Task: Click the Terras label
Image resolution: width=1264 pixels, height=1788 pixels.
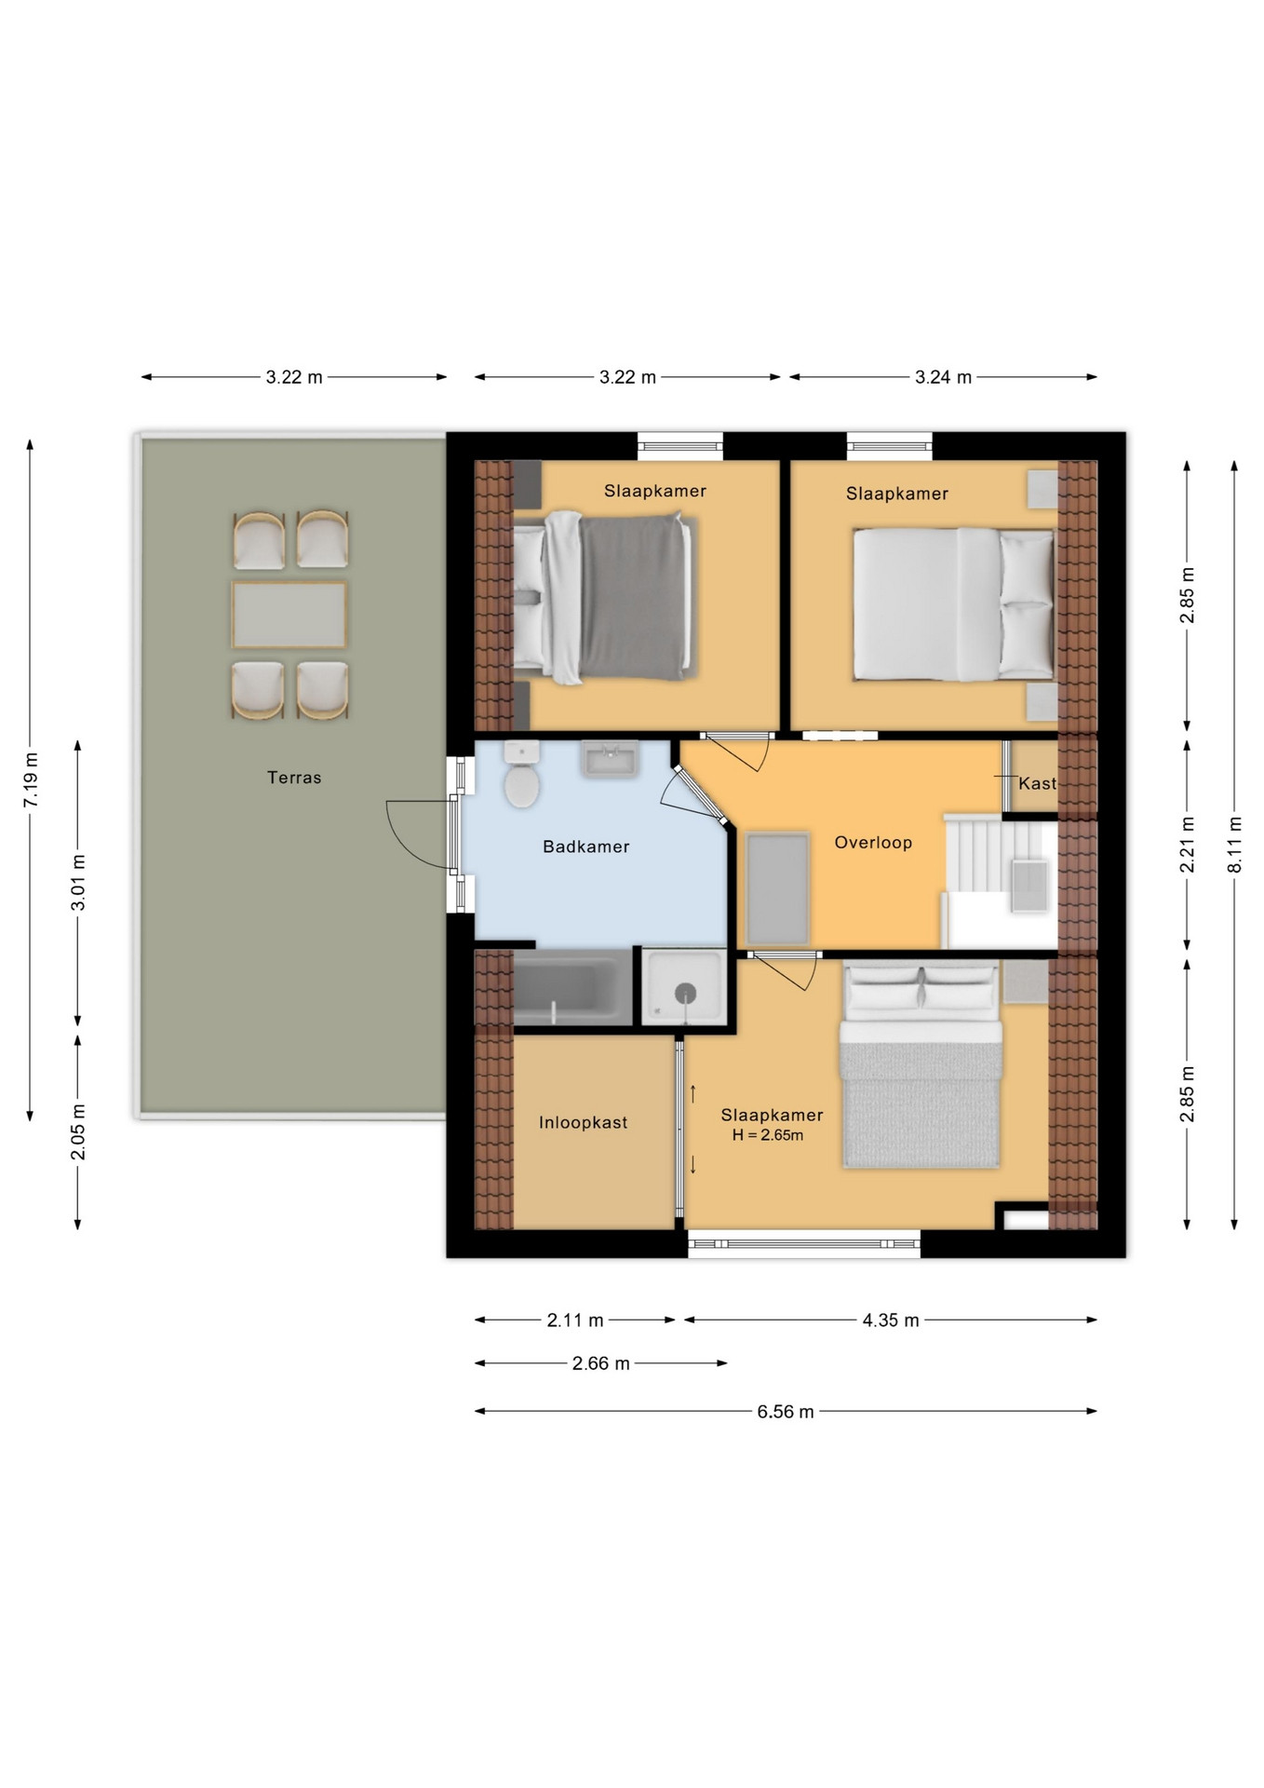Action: tap(294, 778)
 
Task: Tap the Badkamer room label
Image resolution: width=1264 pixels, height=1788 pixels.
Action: tap(586, 847)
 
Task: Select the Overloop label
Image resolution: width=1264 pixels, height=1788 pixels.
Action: tap(873, 843)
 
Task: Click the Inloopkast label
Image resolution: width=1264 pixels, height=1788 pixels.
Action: tap(584, 1123)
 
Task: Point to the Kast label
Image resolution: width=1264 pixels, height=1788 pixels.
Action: tap(1037, 783)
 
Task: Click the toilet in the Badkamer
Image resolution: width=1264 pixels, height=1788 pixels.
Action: tap(522, 774)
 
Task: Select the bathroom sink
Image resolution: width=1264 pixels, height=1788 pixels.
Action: tap(610, 758)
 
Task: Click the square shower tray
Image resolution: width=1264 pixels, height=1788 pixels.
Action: tap(685, 987)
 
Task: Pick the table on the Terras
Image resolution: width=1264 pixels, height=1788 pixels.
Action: tap(289, 615)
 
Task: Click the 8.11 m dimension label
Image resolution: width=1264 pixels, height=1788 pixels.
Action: tap(1234, 845)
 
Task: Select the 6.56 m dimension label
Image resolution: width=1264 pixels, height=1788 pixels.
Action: tap(786, 1412)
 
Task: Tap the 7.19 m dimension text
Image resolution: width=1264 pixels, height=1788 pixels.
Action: tap(31, 779)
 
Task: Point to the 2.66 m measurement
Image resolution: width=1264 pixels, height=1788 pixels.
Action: tap(601, 1363)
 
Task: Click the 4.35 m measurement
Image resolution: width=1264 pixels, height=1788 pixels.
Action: tap(891, 1321)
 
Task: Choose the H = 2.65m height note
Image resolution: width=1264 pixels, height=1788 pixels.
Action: tap(768, 1135)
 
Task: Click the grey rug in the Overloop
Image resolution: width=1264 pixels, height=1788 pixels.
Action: tap(777, 889)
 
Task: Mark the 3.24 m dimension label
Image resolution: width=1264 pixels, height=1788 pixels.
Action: tap(943, 377)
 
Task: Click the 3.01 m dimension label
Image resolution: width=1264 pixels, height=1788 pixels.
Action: tap(78, 882)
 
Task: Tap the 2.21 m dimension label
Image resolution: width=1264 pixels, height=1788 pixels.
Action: tap(1188, 845)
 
